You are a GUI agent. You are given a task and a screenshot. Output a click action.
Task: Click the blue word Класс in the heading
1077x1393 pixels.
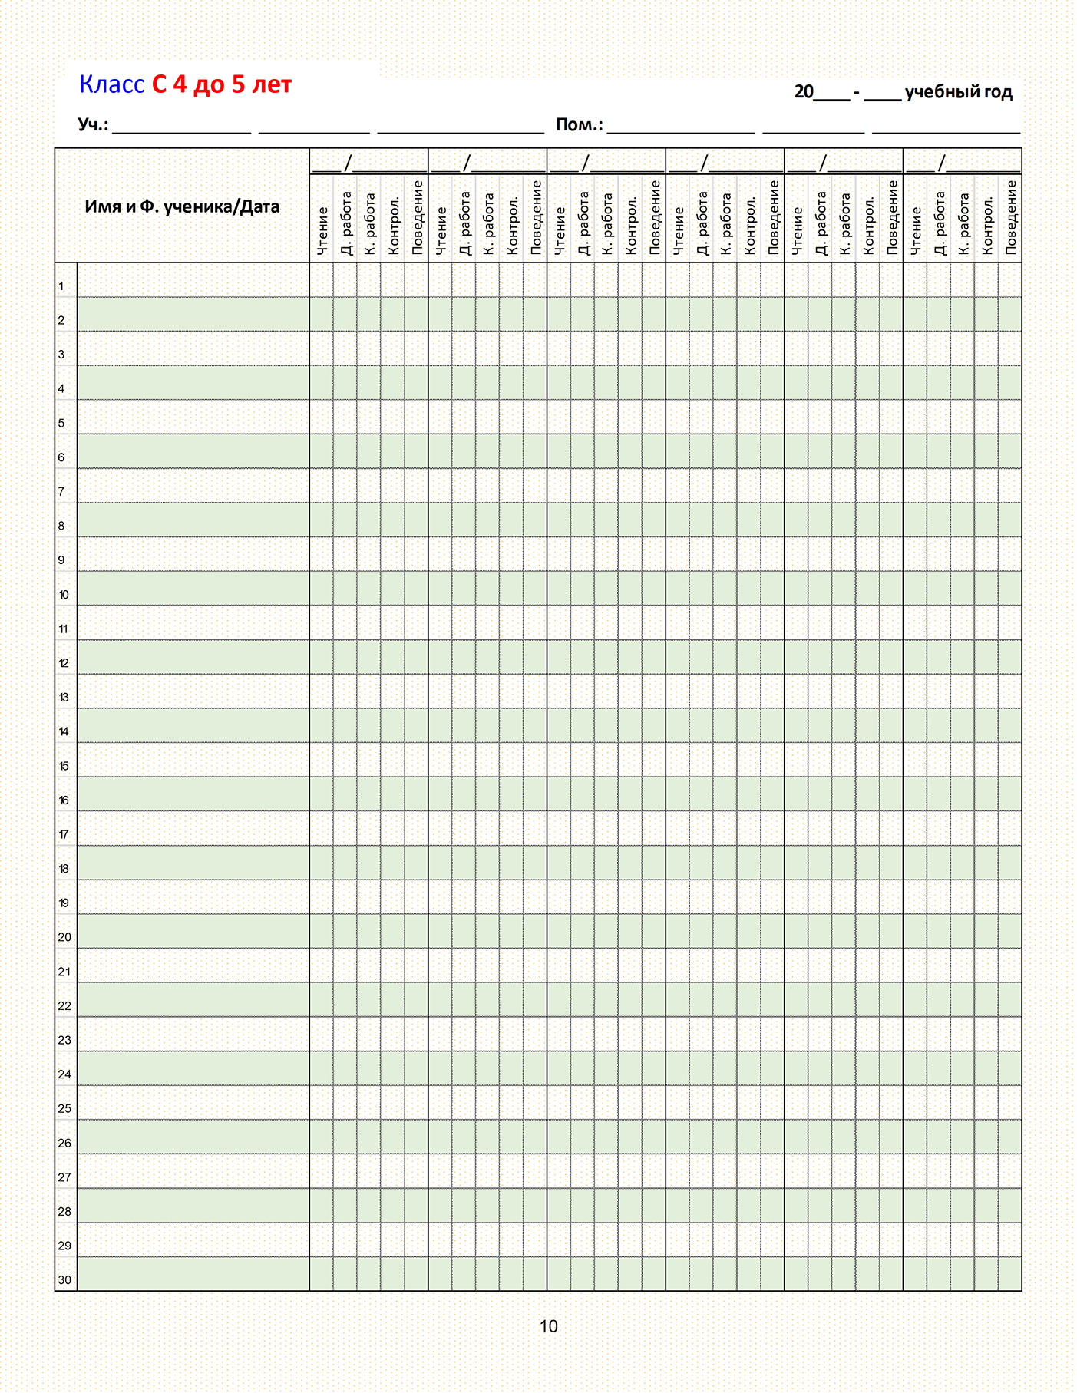(x=112, y=84)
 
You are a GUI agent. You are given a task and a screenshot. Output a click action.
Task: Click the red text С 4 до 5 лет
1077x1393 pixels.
(x=222, y=84)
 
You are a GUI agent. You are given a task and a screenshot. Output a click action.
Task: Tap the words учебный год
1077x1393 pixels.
(x=959, y=92)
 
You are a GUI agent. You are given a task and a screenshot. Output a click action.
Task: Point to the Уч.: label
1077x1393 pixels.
(x=93, y=124)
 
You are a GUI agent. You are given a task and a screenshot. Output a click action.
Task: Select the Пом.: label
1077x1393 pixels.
(x=580, y=124)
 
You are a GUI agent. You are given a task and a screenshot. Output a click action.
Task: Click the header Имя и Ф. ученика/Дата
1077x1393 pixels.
(x=182, y=206)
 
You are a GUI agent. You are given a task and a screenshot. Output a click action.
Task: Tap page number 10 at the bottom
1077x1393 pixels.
(x=548, y=1326)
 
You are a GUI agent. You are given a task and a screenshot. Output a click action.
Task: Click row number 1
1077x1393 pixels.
(x=61, y=286)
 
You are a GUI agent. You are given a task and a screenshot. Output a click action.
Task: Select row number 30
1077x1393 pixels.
(x=64, y=1279)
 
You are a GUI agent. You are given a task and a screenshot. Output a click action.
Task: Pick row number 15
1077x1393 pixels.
(x=64, y=766)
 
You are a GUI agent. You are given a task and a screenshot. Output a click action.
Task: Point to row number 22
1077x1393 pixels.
(x=64, y=1005)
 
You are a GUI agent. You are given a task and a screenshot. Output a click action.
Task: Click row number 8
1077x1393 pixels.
(x=61, y=526)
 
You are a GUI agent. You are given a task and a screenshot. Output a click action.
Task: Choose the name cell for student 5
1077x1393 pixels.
(x=193, y=417)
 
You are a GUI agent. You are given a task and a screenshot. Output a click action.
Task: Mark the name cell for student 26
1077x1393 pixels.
(x=193, y=1137)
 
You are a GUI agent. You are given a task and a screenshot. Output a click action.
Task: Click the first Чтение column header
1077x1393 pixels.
(x=322, y=230)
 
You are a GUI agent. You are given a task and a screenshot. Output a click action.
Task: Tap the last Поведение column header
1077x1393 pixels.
(x=1010, y=218)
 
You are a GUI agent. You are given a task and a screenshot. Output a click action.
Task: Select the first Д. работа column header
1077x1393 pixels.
(x=346, y=223)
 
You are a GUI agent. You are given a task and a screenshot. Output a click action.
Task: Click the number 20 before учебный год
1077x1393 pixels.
(x=804, y=92)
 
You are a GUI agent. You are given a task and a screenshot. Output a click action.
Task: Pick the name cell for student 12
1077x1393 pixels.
(x=193, y=657)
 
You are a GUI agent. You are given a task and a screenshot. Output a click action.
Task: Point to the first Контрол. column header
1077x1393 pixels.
(x=394, y=225)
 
